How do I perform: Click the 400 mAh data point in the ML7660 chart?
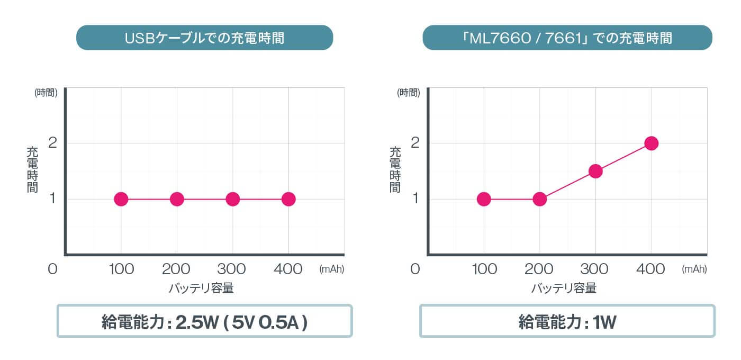click(x=651, y=143)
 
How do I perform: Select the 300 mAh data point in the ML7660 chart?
click(x=595, y=171)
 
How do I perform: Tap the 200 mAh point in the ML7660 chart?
click(x=539, y=199)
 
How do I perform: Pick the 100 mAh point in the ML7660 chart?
click(x=483, y=199)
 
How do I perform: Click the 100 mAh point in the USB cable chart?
click(x=121, y=199)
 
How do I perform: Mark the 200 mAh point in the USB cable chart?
click(x=177, y=199)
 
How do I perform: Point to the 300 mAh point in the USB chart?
click(x=232, y=199)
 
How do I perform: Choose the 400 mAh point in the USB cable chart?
click(x=288, y=199)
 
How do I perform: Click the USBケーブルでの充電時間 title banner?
click(x=204, y=38)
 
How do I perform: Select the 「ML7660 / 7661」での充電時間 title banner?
click(x=567, y=38)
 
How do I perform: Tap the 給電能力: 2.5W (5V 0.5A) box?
click(x=204, y=321)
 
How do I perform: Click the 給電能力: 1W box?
click(x=567, y=321)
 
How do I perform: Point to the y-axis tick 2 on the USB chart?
click(x=52, y=143)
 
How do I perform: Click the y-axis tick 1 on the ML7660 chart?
click(x=414, y=199)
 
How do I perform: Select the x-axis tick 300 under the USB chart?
click(x=232, y=269)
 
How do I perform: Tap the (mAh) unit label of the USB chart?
click(x=332, y=269)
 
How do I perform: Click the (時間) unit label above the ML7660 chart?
click(x=409, y=93)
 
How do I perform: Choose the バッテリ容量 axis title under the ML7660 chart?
click(x=564, y=289)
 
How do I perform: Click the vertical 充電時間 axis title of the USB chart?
click(x=33, y=169)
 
